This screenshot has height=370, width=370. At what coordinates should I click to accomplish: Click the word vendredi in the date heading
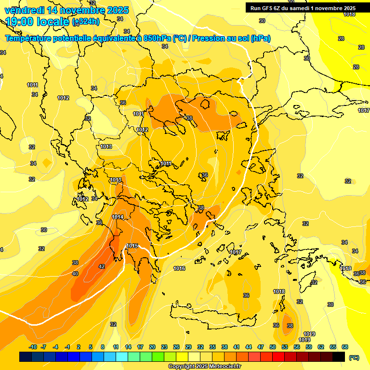(x=24, y=10)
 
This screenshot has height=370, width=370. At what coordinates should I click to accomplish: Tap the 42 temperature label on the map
(x=102, y=266)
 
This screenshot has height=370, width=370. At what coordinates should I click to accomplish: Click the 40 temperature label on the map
(x=75, y=274)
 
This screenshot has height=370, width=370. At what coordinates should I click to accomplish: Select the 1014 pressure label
(x=118, y=217)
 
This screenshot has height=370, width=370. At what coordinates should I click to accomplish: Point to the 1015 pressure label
(x=132, y=246)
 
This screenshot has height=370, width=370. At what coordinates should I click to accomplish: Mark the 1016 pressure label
(x=179, y=268)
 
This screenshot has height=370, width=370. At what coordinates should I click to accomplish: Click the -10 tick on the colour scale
(x=33, y=347)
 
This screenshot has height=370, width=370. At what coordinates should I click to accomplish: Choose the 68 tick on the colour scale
(x=345, y=347)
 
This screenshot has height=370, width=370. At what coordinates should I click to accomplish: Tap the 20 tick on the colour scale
(x=152, y=347)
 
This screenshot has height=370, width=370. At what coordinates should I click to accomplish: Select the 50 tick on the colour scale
(x=273, y=347)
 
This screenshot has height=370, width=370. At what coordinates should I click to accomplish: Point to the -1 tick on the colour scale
(x=67, y=347)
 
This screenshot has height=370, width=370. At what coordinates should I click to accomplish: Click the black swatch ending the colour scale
(x=339, y=357)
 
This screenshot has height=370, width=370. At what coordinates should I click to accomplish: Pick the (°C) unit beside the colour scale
(x=354, y=357)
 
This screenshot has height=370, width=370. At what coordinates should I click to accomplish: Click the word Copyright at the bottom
(x=181, y=367)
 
